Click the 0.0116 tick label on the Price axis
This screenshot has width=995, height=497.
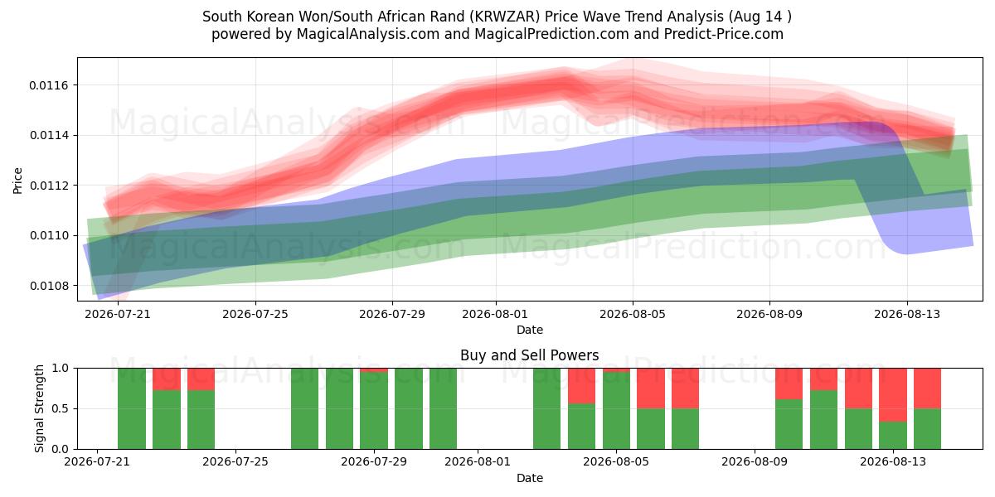click(49, 85)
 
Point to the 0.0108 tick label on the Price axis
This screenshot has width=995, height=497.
click(49, 286)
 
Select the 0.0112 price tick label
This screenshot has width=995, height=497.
click(49, 186)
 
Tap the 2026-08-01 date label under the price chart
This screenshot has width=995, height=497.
click(495, 314)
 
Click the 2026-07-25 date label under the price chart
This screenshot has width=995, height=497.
click(255, 314)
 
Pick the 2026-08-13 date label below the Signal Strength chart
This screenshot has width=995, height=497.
click(893, 462)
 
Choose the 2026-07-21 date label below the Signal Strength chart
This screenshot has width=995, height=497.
click(97, 462)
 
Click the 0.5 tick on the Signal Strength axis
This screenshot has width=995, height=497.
click(61, 408)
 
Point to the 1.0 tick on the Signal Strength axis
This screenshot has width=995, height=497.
click(61, 369)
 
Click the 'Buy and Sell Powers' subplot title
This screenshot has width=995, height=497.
click(530, 355)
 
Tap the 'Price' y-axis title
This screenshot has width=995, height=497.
click(17, 181)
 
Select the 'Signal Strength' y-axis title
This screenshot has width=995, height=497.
click(40, 408)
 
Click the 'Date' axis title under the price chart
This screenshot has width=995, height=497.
click(530, 331)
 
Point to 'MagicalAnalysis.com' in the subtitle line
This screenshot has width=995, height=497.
click(368, 34)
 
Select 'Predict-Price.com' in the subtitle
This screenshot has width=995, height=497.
click(724, 34)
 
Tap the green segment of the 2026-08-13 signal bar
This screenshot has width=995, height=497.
click(893, 436)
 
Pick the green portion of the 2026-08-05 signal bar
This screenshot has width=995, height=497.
click(617, 411)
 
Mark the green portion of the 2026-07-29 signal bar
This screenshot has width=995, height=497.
click(374, 411)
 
